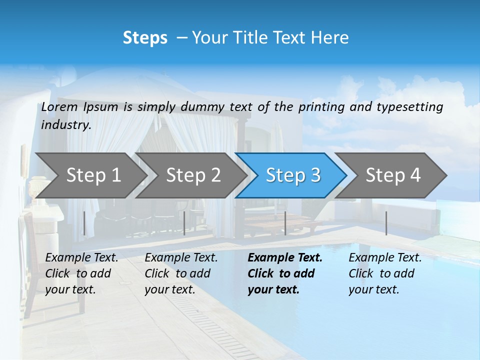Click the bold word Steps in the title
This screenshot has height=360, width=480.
pos(145,38)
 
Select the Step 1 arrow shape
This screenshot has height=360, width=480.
pos(92,175)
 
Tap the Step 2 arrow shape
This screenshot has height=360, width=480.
pos(192,175)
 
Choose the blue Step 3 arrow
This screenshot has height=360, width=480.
pos(292,175)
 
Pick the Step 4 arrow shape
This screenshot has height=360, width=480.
pos(392,175)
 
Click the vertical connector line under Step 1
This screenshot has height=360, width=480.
pos(84,223)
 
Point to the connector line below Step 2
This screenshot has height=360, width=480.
pos(184,223)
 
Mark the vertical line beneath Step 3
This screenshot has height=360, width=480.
pos(285,223)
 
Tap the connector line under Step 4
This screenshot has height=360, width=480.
pos(386,223)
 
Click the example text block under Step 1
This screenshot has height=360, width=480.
pos(81,273)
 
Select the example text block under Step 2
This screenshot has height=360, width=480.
pos(181,273)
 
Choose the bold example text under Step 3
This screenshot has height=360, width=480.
pos(285,273)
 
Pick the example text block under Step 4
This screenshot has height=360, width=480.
pos(385,273)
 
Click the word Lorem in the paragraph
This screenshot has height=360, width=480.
pos(59,107)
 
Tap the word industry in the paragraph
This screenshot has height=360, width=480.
pos(65,125)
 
